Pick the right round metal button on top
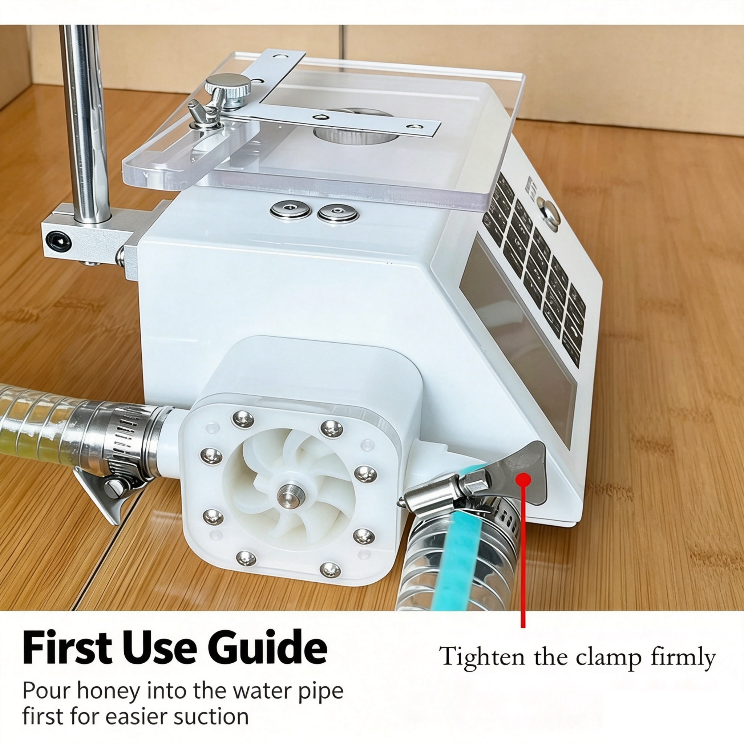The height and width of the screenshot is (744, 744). [338, 213]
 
